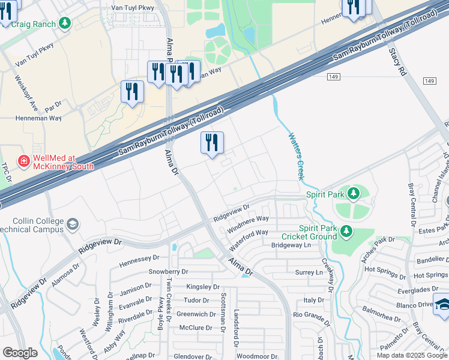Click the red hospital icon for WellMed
click(x=23, y=161)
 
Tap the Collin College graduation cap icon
click(x=73, y=224)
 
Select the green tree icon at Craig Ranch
click(x=64, y=24)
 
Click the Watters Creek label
click(x=295, y=156)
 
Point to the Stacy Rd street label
click(x=397, y=62)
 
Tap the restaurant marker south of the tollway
click(x=211, y=143)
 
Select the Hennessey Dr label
click(x=139, y=259)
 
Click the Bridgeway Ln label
click(x=291, y=245)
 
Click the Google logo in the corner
click(x=20, y=353)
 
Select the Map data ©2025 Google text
click(x=412, y=355)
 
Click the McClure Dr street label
click(x=196, y=328)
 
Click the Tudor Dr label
click(x=196, y=300)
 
